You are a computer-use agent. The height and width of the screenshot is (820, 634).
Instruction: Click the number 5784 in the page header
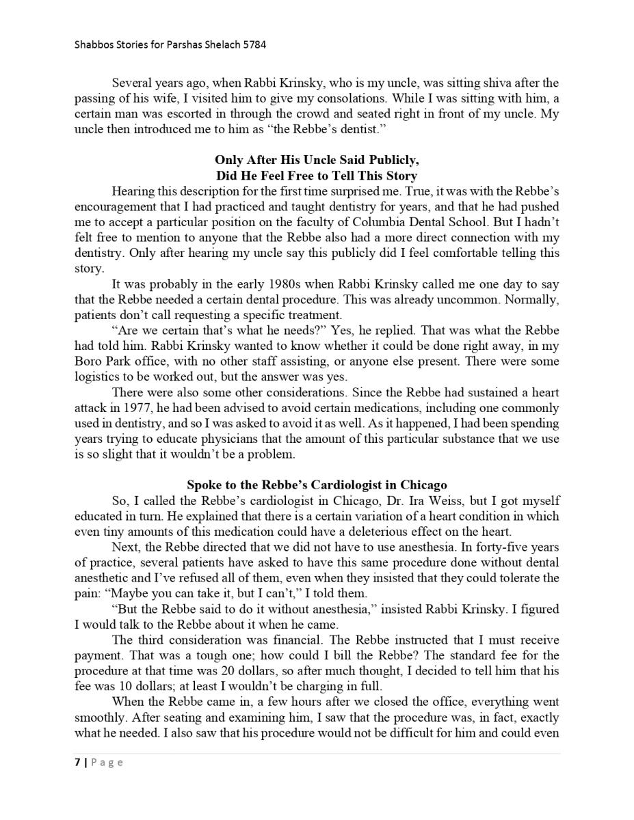pyautogui.click(x=254, y=45)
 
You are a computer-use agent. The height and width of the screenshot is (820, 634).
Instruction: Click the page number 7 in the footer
pyautogui.click(x=77, y=763)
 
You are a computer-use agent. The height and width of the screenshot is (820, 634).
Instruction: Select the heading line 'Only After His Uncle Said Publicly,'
pyautogui.click(x=317, y=161)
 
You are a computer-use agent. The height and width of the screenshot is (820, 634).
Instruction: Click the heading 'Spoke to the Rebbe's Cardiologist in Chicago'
pyautogui.click(x=317, y=485)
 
